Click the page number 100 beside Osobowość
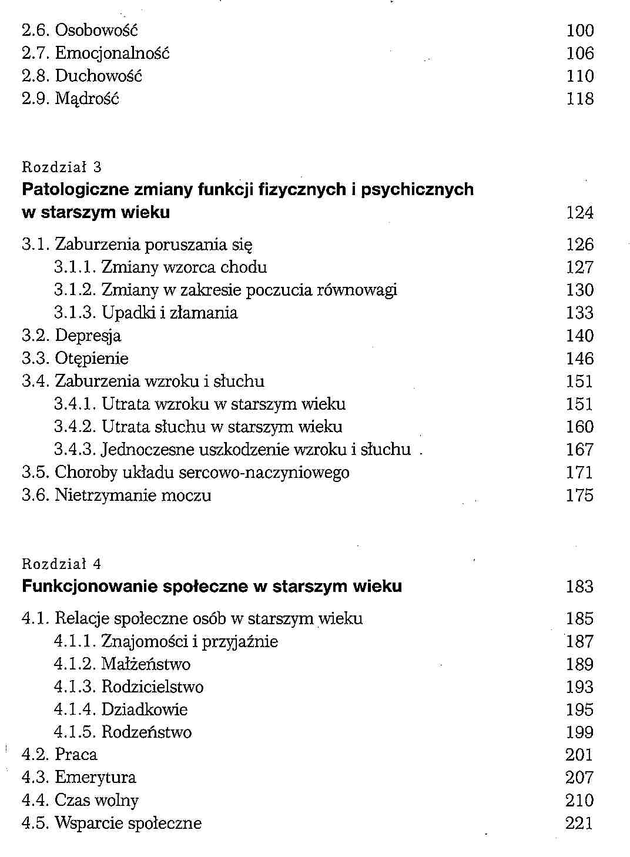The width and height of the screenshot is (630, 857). pos(579,31)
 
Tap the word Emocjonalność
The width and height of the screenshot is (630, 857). pos(112,53)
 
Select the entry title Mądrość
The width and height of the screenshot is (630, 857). pos(87,99)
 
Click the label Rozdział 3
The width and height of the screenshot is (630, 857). pos(61,168)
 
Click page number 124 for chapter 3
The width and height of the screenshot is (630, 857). pos(579,213)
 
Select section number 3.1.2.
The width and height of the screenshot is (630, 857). pos(75,290)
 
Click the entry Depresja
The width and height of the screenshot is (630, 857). pos(88,336)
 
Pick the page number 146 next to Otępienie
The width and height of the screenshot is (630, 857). pos(579,359)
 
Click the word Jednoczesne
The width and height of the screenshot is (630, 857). pos(148,450)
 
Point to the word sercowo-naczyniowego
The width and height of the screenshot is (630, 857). pos(264,473)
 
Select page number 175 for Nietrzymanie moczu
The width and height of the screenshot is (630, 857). pos(579,496)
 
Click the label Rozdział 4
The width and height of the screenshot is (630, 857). pos(61,565)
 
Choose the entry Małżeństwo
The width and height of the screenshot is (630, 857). pos(146,665)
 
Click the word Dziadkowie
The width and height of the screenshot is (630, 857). pos(145,710)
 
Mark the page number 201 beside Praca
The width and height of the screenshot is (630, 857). pos(579,755)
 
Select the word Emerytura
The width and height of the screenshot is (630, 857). pos(95,778)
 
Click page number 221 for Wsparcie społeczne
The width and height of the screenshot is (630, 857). pos(579,823)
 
